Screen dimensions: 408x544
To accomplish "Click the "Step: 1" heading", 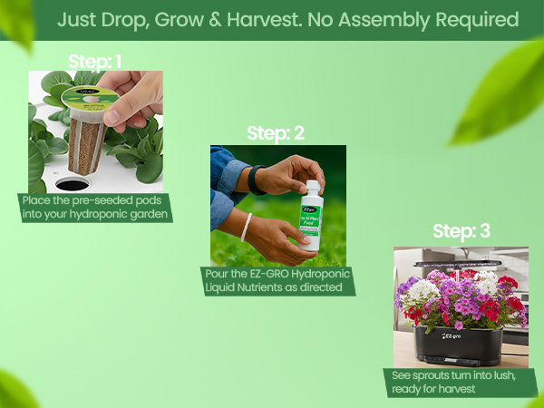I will [x=95, y=63].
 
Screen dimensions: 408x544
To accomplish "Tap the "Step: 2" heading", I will [x=276, y=133].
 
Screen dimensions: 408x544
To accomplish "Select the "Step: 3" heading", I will [x=461, y=231].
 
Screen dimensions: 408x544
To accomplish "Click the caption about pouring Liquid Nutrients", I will [x=277, y=280].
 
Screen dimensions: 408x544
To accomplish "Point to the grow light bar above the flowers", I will [x=461, y=263].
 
